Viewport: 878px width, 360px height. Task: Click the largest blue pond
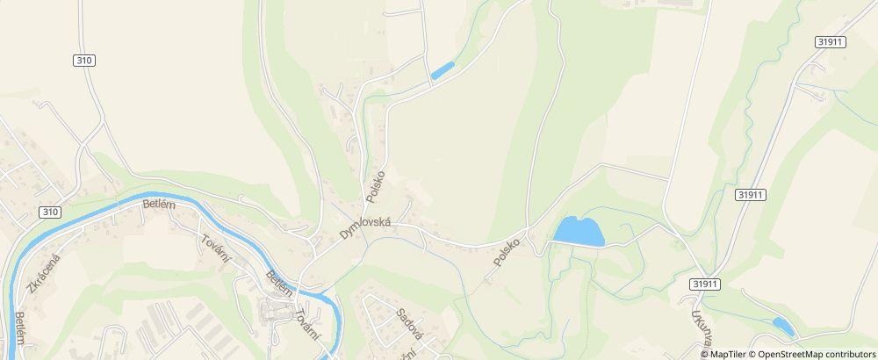[579, 232]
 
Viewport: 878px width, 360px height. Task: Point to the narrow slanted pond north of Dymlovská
[443, 70]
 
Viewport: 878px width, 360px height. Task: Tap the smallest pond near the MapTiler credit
[783, 328]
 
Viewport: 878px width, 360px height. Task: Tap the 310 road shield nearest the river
[50, 212]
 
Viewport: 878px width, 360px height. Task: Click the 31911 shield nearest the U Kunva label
[705, 284]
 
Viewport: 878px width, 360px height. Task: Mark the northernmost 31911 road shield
[830, 41]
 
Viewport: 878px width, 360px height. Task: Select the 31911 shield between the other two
[752, 194]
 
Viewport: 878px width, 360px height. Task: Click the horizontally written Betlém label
[159, 204]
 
